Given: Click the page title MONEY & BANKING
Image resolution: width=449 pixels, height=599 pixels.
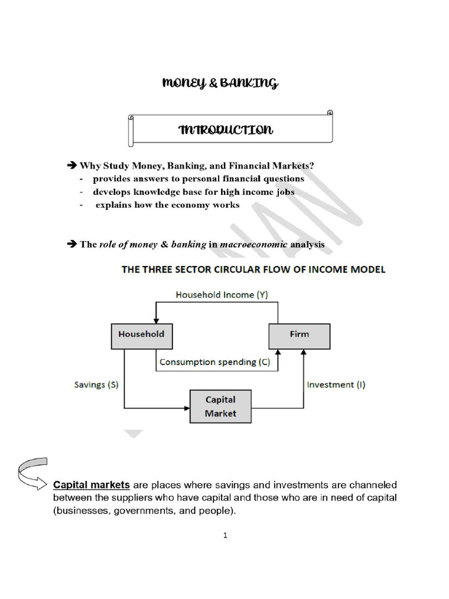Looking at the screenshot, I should pos(220,84).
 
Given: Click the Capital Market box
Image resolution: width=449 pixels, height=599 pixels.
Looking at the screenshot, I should pos(220,407).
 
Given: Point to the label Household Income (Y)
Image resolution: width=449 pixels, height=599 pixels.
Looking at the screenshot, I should pos(222,295).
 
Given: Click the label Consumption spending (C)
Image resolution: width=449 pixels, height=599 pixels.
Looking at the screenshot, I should pos(215,362).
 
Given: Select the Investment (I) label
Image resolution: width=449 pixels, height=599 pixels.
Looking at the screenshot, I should pos(336,384).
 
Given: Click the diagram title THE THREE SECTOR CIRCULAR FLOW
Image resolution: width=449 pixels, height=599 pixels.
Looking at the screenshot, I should pos(253,270).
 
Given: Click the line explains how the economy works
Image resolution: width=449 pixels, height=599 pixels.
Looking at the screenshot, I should pos(167,205).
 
